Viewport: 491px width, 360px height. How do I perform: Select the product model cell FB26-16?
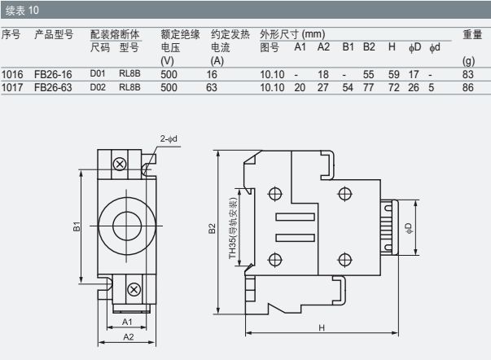click(x=53, y=74)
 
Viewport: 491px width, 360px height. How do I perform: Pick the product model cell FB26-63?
click(x=53, y=86)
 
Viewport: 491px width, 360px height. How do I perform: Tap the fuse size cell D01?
click(x=98, y=74)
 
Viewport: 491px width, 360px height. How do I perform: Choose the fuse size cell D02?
click(x=98, y=86)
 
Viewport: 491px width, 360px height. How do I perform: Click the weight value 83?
click(x=468, y=74)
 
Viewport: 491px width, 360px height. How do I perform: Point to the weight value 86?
click(x=468, y=86)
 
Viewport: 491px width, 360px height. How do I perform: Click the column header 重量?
click(x=472, y=35)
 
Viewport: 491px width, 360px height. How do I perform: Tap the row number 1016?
click(x=12, y=74)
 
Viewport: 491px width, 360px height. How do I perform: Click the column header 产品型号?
click(x=54, y=35)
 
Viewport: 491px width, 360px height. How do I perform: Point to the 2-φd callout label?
click(x=171, y=139)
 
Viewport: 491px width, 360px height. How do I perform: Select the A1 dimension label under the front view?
click(x=127, y=323)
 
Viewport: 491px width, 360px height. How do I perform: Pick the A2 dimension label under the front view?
click(x=127, y=336)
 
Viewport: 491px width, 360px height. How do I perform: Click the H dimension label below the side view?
click(x=322, y=328)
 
